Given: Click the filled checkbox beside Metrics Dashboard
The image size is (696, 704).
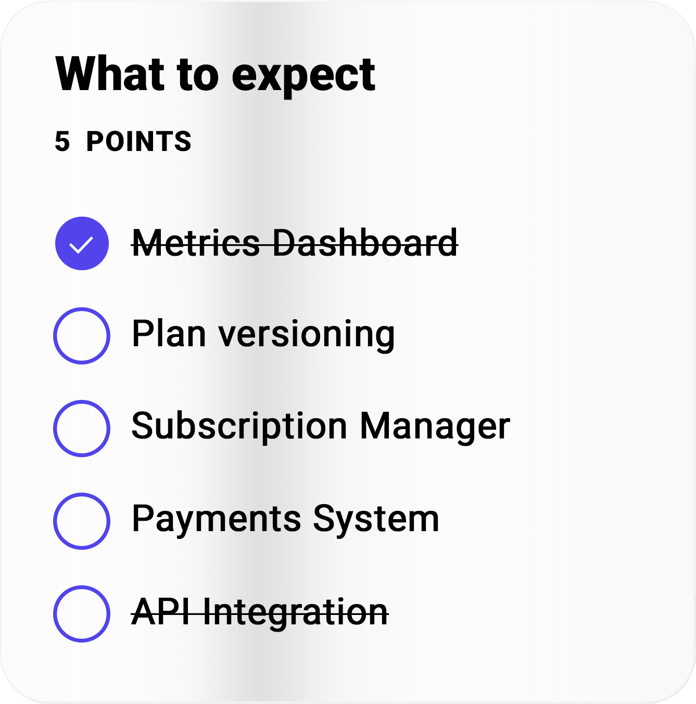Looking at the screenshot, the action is pyautogui.click(x=82, y=243).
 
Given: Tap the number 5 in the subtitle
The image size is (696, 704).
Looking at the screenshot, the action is pyautogui.click(x=62, y=141).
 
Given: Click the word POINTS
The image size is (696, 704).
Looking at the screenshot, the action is pyautogui.click(x=138, y=141).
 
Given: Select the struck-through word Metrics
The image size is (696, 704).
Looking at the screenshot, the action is pyautogui.click(x=196, y=243).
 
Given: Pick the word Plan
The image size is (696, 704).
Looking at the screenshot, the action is pyautogui.click(x=169, y=333).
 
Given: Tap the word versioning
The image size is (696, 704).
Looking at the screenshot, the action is pyautogui.click(x=307, y=336).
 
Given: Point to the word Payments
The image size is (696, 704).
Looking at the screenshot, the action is pyautogui.click(x=217, y=520).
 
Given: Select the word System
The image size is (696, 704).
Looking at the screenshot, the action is pyautogui.click(x=376, y=519).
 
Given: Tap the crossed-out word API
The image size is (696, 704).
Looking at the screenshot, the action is pyautogui.click(x=160, y=611).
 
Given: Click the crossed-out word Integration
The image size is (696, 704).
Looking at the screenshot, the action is pyautogui.click(x=295, y=613).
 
